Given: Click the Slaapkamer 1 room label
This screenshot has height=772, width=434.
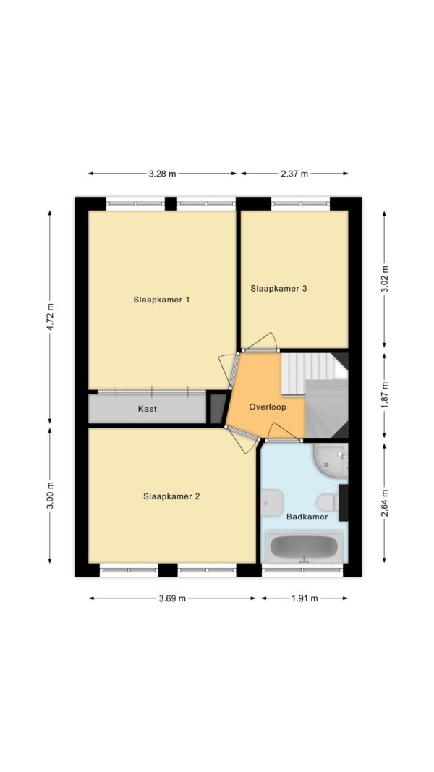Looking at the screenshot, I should point(161,300).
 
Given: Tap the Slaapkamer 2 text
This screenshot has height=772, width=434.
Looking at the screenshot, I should point(171,496).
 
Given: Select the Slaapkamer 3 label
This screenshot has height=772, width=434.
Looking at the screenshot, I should point(279,288).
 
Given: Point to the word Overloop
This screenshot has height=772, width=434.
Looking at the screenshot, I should point(268,407).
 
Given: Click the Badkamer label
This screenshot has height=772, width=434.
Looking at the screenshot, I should point(307,517).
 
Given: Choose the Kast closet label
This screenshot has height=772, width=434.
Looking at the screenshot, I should point(148,409).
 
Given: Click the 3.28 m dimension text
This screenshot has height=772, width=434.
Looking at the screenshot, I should point(162,174).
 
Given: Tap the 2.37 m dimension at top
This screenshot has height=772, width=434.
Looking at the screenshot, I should point(294,174).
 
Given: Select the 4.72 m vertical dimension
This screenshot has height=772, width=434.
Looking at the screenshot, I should point(50,316).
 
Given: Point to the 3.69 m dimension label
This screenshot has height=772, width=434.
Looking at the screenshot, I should point(172,598).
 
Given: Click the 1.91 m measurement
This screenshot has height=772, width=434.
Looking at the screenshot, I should point(305,598).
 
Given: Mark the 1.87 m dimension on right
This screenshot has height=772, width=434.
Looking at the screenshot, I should point(384,395).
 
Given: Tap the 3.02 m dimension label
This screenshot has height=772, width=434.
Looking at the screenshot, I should point(384,279).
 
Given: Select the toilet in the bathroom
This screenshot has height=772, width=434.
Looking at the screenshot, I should point(328,501).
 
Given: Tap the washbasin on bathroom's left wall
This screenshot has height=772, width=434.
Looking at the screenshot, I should point(272,501).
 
